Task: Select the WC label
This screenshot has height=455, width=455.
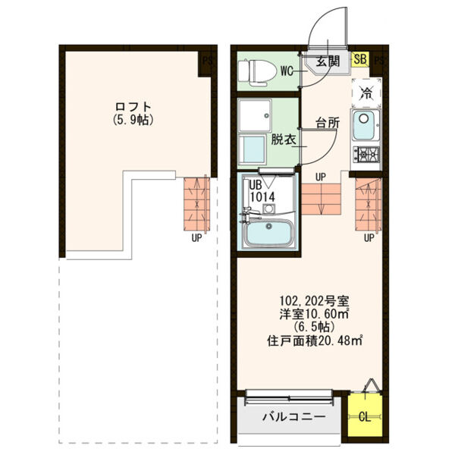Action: coord(287,72)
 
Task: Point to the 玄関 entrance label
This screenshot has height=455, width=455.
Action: coord(327,61)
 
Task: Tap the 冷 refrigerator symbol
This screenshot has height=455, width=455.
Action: coord(366,93)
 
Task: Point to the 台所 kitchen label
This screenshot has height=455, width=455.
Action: coord(328,121)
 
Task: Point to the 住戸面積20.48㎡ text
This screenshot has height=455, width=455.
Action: coord(313,340)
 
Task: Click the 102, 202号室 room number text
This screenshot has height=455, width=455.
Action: coord(312,300)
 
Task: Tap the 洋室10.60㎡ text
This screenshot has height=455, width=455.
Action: coord(312,313)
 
